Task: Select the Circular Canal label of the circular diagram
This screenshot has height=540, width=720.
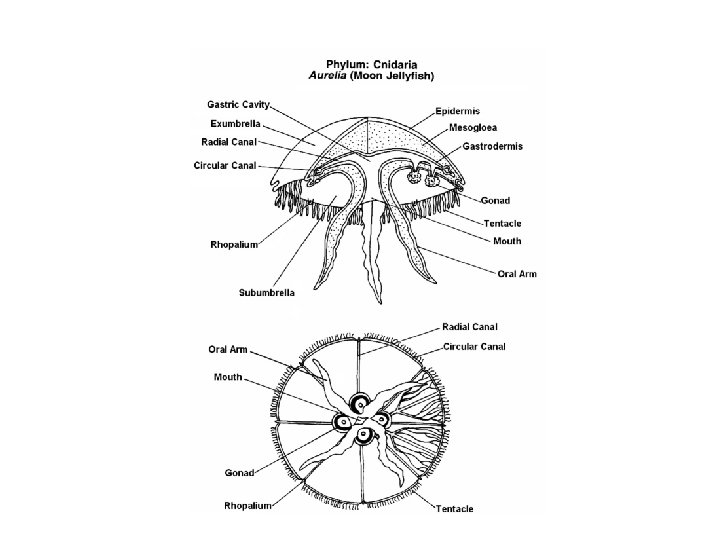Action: pos(474,346)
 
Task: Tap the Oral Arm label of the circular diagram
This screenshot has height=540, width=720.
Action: pos(229,350)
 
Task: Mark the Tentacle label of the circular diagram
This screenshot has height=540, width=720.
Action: pos(454,509)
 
